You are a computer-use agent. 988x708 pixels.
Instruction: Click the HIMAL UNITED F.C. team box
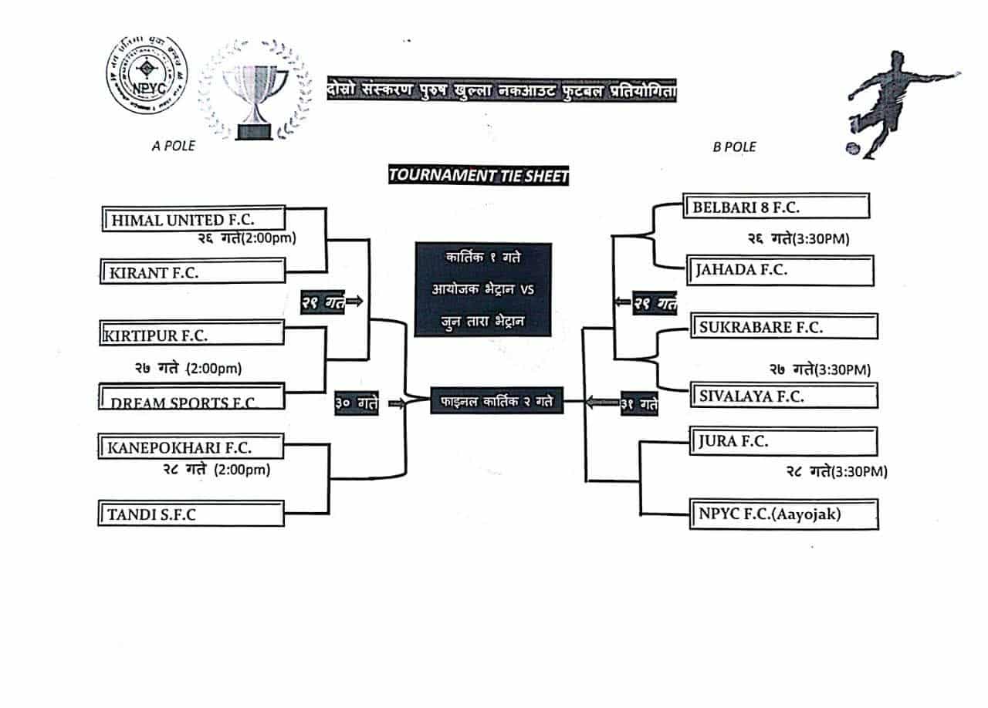(194, 219)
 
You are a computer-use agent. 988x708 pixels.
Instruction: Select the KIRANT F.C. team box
(192, 271)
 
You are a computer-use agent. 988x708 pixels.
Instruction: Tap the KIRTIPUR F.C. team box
(192, 334)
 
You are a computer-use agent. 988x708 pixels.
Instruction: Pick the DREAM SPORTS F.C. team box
(192, 396)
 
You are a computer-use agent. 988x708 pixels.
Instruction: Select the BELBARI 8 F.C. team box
(777, 207)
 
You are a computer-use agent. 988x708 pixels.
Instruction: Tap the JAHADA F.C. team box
(780, 270)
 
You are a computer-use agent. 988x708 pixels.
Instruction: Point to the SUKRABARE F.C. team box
(784, 326)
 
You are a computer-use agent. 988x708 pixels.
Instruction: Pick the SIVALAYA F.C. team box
(783, 396)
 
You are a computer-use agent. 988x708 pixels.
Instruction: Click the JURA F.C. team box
(783, 442)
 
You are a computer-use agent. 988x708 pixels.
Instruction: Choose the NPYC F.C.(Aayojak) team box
(783, 514)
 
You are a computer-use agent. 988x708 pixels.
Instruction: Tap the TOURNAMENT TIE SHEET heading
(479, 175)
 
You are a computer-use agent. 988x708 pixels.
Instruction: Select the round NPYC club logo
(146, 76)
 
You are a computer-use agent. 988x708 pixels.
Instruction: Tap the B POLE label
(734, 147)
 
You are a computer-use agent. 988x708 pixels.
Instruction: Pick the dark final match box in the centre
(497, 401)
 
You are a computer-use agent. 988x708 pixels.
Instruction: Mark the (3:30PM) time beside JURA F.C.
(859, 471)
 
